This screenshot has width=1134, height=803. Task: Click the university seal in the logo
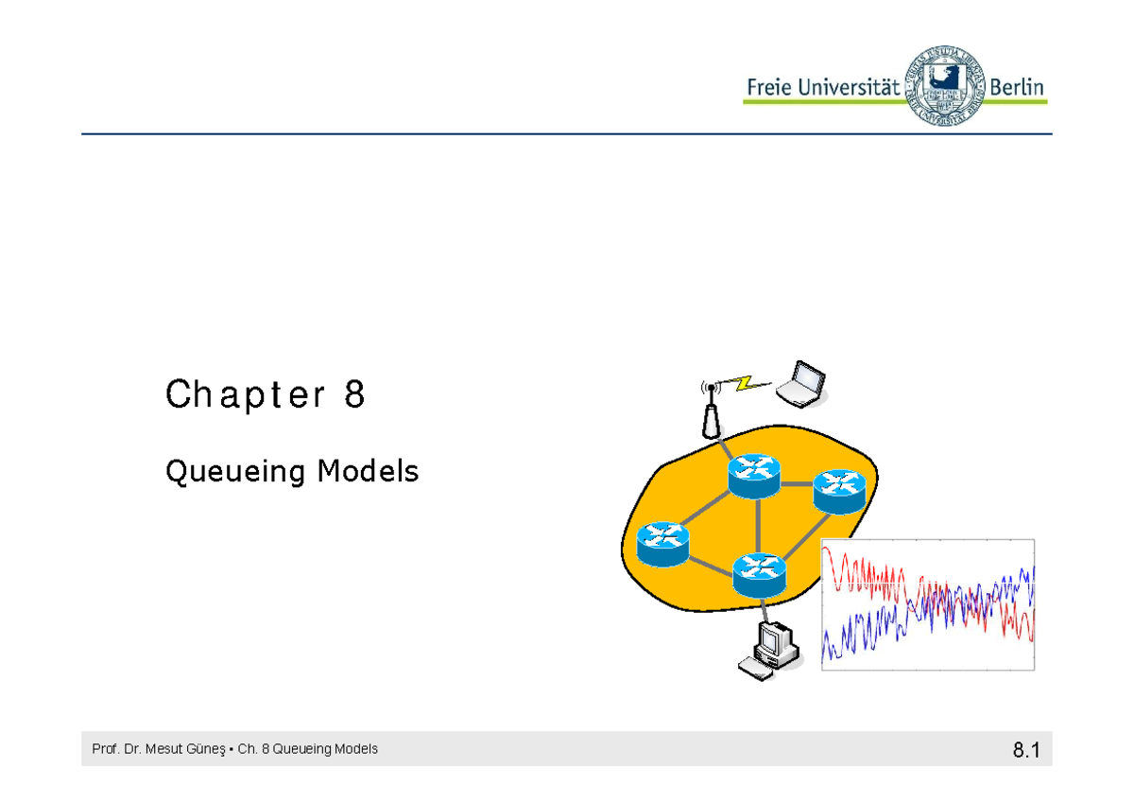(945, 86)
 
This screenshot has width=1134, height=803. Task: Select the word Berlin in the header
(1017, 88)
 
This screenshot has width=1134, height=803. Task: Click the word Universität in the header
(849, 88)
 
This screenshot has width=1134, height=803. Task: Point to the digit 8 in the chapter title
(354, 393)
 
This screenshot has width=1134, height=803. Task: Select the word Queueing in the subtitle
(235, 472)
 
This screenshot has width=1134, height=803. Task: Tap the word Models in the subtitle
(368, 470)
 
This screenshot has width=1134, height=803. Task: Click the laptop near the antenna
(801, 383)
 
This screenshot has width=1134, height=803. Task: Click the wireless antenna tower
(712, 410)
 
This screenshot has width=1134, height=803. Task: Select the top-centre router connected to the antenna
(754, 477)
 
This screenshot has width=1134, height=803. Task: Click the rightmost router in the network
(839, 492)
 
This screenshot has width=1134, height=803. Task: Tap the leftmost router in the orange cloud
(662, 544)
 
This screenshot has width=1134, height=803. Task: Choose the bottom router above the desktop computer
(760, 575)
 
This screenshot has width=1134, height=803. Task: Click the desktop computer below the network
(769, 652)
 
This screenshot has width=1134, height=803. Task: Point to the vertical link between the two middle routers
(757, 526)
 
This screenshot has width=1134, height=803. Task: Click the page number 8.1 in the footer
(1026, 750)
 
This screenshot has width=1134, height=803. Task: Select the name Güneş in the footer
(206, 749)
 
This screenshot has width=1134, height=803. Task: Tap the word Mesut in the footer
(163, 749)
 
